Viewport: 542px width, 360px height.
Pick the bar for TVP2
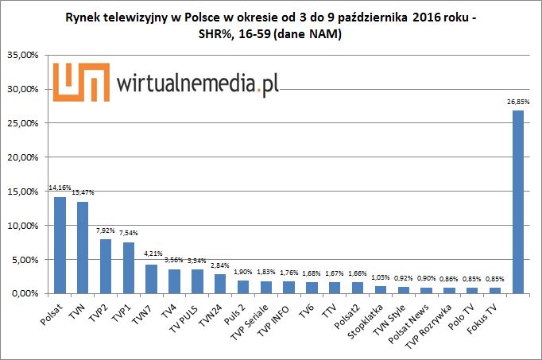coord(106,266)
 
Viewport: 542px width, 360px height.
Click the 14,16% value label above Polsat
coord(60,189)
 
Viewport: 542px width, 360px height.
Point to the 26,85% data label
coord(517,103)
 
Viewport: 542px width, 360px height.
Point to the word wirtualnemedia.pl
coord(198,83)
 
